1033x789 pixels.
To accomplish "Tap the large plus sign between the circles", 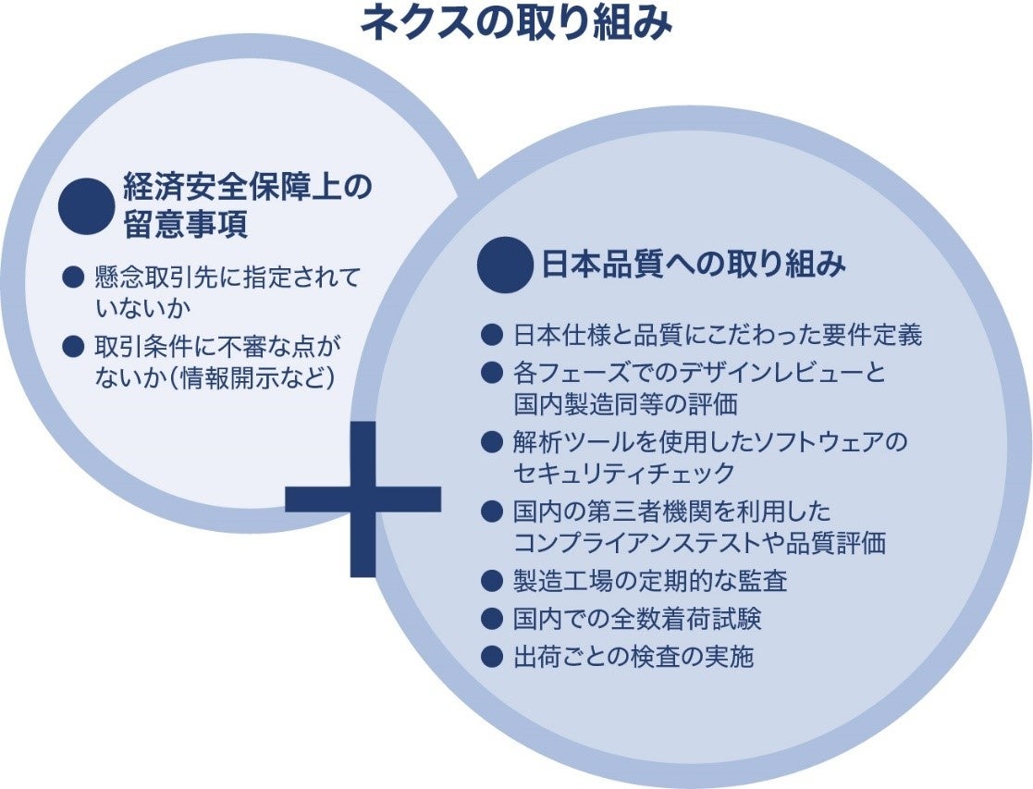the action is point(363,499).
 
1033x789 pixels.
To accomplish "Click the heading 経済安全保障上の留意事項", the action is point(248,205).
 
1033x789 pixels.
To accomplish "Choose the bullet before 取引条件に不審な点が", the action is point(73,346).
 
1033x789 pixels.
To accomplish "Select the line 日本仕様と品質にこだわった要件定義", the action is point(718,334).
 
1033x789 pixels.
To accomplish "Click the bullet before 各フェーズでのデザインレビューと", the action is point(491,373).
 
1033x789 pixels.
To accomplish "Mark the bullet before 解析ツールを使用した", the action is point(491,442).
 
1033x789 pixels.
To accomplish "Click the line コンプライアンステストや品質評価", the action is point(699,542).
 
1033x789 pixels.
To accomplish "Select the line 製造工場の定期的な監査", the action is point(650,581).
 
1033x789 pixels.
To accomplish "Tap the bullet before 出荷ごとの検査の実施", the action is point(491,657).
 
